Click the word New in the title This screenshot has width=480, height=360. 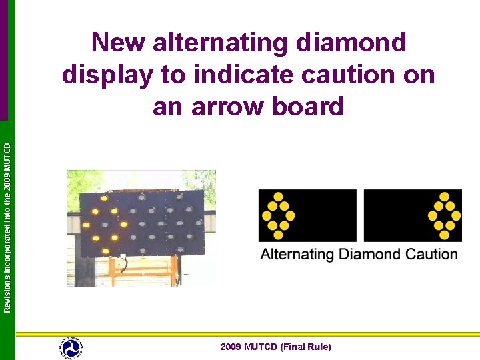(x=118, y=43)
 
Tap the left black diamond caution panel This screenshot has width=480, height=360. (x=307, y=215)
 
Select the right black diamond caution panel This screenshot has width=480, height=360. (x=413, y=215)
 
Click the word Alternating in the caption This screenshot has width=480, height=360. (x=297, y=254)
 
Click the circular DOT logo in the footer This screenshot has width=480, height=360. (x=71, y=347)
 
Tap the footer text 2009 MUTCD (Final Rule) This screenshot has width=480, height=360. (x=275, y=347)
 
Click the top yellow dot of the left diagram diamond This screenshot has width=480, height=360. (x=278, y=197)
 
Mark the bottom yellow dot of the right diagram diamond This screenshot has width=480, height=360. (x=445, y=235)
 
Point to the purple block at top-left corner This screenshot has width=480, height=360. (x=4, y=60)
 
